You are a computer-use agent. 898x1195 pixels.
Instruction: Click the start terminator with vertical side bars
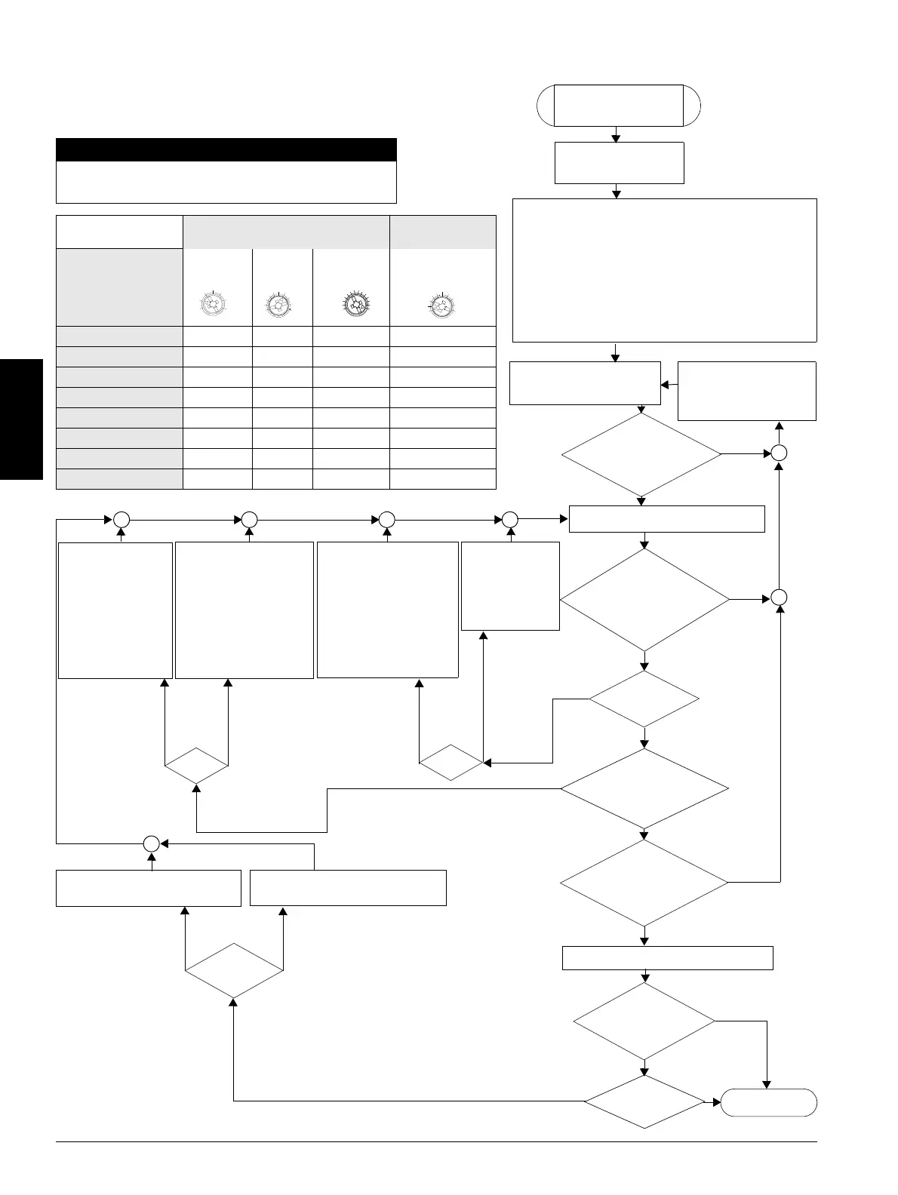(x=619, y=106)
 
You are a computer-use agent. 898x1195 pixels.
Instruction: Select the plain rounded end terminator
(x=768, y=1102)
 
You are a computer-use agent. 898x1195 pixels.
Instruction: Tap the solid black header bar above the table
(x=226, y=149)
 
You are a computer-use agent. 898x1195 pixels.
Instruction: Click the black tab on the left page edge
(x=21, y=419)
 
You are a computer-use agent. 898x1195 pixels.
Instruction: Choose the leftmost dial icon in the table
(x=214, y=305)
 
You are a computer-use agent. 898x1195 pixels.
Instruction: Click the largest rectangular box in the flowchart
(x=664, y=270)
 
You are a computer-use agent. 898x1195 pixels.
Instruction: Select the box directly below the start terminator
(x=619, y=162)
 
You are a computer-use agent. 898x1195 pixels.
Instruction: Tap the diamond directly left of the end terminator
(x=644, y=1102)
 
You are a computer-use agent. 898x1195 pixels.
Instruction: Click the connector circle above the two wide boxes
(x=151, y=843)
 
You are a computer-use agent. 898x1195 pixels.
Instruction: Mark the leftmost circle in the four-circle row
(x=121, y=519)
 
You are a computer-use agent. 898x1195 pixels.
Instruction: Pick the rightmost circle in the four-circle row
(x=510, y=519)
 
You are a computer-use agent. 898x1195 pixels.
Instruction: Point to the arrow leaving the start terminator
(x=617, y=134)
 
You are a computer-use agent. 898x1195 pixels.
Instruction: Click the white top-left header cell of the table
(x=119, y=232)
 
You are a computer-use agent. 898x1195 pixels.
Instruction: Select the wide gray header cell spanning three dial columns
(x=286, y=232)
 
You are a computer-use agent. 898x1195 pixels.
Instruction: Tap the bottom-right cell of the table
(x=442, y=479)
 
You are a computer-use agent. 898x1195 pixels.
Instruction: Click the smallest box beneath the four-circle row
(x=510, y=585)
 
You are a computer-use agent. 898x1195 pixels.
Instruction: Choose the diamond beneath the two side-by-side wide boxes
(x=234, y=971)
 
